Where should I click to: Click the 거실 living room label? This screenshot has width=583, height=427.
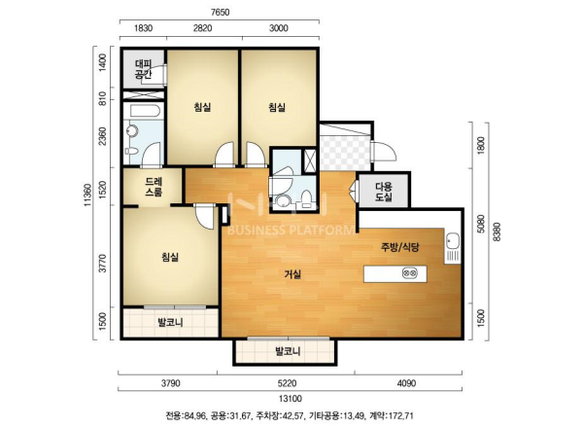pyautogui.click(x=292, y=274)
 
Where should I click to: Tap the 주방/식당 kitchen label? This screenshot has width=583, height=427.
pyautogui.click(x=400, y=246)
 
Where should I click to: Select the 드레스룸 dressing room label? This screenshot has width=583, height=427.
pyautogui.click(x=154, y=188)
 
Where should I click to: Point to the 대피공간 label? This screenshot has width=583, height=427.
pyautogui.click(x=143, y=68)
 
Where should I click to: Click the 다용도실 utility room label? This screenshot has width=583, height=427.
pyautogui.click(x=384, y=191)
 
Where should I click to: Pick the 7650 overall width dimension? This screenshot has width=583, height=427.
pyautogui.click(x=220, y=13)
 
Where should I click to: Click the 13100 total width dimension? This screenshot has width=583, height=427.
pyautogui.click(x=290, y=399)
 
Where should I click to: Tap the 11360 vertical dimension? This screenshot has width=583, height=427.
pyautogui.click(x=87, y=195)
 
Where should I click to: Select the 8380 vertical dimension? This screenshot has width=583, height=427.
pyautogui.click(x=497, y=231)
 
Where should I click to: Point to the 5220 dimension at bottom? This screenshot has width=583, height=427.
pyautogui.click(x=287, y=383)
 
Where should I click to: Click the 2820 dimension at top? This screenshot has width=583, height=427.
pyautogui.click(x=203, y=28)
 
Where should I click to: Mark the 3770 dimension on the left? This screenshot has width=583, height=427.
pyautogui.click(x=103, y=263)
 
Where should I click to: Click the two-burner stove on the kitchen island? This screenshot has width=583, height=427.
pyautogui.click(x=410, y=273)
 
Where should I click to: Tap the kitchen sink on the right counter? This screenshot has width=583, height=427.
pyautogui.click(x=452, y=242)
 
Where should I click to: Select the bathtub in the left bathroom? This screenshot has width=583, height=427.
pyautogui.click(x=144, y=111)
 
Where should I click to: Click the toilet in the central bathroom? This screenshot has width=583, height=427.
pyautogui.click(x=307, y=198)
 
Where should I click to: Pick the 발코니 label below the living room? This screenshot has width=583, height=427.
pyautogui.click(x=288, y=351)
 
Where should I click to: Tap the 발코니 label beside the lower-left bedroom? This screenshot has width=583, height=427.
pyautogui.click(x=170, y=322)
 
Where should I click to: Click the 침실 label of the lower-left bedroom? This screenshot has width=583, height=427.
pyautogui.click(x=170, y=257)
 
